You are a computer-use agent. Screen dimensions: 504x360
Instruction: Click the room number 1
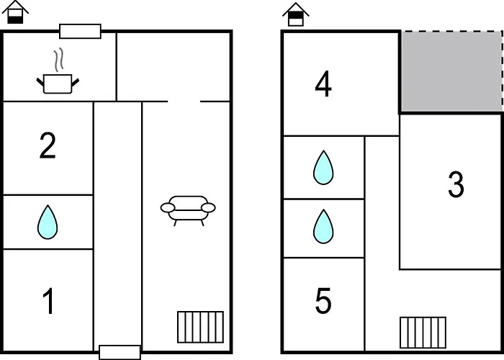pos(49,301)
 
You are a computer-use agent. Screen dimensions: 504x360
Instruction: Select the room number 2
pos(48,145)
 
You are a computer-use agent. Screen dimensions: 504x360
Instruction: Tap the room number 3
pos(456,184)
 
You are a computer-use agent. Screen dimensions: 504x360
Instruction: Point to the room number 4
pos(323,84)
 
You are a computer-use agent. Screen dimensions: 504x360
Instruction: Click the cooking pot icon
pos(58,84)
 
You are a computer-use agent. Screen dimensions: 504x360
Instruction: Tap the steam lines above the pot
pos(58,60)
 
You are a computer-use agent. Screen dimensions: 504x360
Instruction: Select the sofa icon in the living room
pos(188,211)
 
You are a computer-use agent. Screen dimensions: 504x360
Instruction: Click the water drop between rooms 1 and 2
pos(48,222)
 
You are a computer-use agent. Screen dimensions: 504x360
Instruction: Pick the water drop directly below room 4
pos(323,168)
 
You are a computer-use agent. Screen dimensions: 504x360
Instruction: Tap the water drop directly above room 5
pos(323,227)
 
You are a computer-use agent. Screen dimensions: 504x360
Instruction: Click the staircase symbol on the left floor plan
pos(201,327)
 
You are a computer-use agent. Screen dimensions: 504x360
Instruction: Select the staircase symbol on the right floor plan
pos(423,333)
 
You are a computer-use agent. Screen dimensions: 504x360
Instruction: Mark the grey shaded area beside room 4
pos(451,72)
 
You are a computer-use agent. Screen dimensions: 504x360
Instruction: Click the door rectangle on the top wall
pos(81,31)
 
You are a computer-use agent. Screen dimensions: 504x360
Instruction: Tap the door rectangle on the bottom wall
pos(120,352)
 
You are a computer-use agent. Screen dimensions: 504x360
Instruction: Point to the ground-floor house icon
pos(15,12)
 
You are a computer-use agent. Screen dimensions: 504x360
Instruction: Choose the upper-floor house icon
pos(296,14)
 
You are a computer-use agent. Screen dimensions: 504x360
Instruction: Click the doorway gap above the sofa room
pos(184,102)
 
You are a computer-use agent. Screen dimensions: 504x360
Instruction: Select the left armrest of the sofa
pos(168,208)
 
